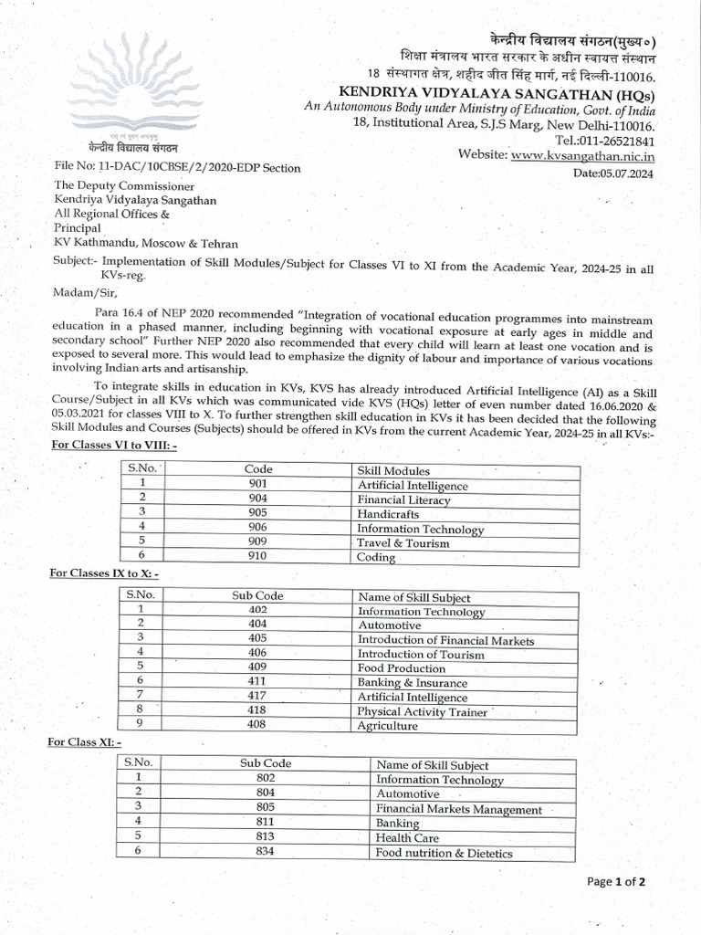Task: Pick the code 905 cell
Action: tap(258, 514)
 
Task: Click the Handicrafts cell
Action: tap(388, 514)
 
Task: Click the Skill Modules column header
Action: tap(393, 470)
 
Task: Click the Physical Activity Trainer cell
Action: tap(422, 711)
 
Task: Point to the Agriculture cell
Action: tap(387, 726)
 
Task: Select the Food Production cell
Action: tap(401, 668)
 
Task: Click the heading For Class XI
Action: tap(84, 741)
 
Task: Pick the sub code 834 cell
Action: tap(266, 852)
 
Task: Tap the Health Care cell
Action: tap(407, 837)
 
